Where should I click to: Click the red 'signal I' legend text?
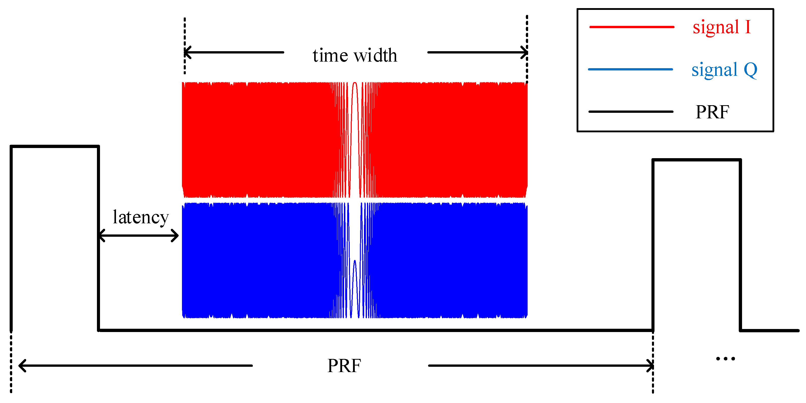[x=721, y=27]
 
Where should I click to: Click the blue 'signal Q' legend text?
[x=724, y=70]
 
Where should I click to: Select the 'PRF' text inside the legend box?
[x=712, y=112]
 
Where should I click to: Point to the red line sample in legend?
[x=631, y=27]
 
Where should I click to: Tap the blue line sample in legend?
[x=630, y=69]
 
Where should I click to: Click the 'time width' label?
[x=355, y=56]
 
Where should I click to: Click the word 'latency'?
[x=141, y=217]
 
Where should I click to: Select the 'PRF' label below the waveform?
[x=344, y=365]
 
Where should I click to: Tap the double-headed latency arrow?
[x=139, y=235]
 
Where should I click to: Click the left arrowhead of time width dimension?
[x=188, y=52]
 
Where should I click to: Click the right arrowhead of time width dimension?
[x=524, y=52]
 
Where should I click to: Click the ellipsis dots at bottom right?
[x=725, y=359]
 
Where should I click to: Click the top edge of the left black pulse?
[x=55, y=146]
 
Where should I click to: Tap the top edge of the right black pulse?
[x=696, y=160]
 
